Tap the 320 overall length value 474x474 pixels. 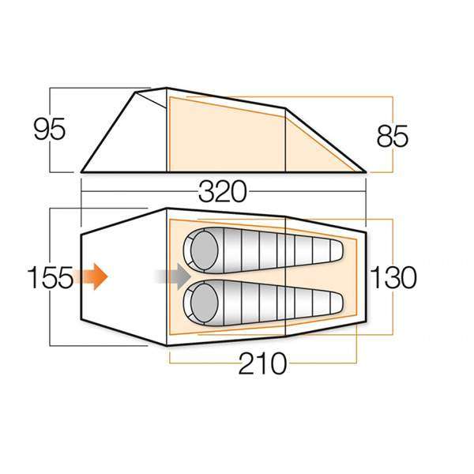click(224, 192)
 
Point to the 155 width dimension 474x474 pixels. click(50, 278)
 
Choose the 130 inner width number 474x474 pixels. click(393, 278)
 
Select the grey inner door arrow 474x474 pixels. click(173, 276)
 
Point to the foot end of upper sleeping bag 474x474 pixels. click(332, 250)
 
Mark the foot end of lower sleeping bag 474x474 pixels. click(332, 303)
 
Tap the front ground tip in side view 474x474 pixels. click(82, 171)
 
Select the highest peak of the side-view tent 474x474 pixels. click(166, 88)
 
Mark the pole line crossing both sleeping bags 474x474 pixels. click(285, 276)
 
